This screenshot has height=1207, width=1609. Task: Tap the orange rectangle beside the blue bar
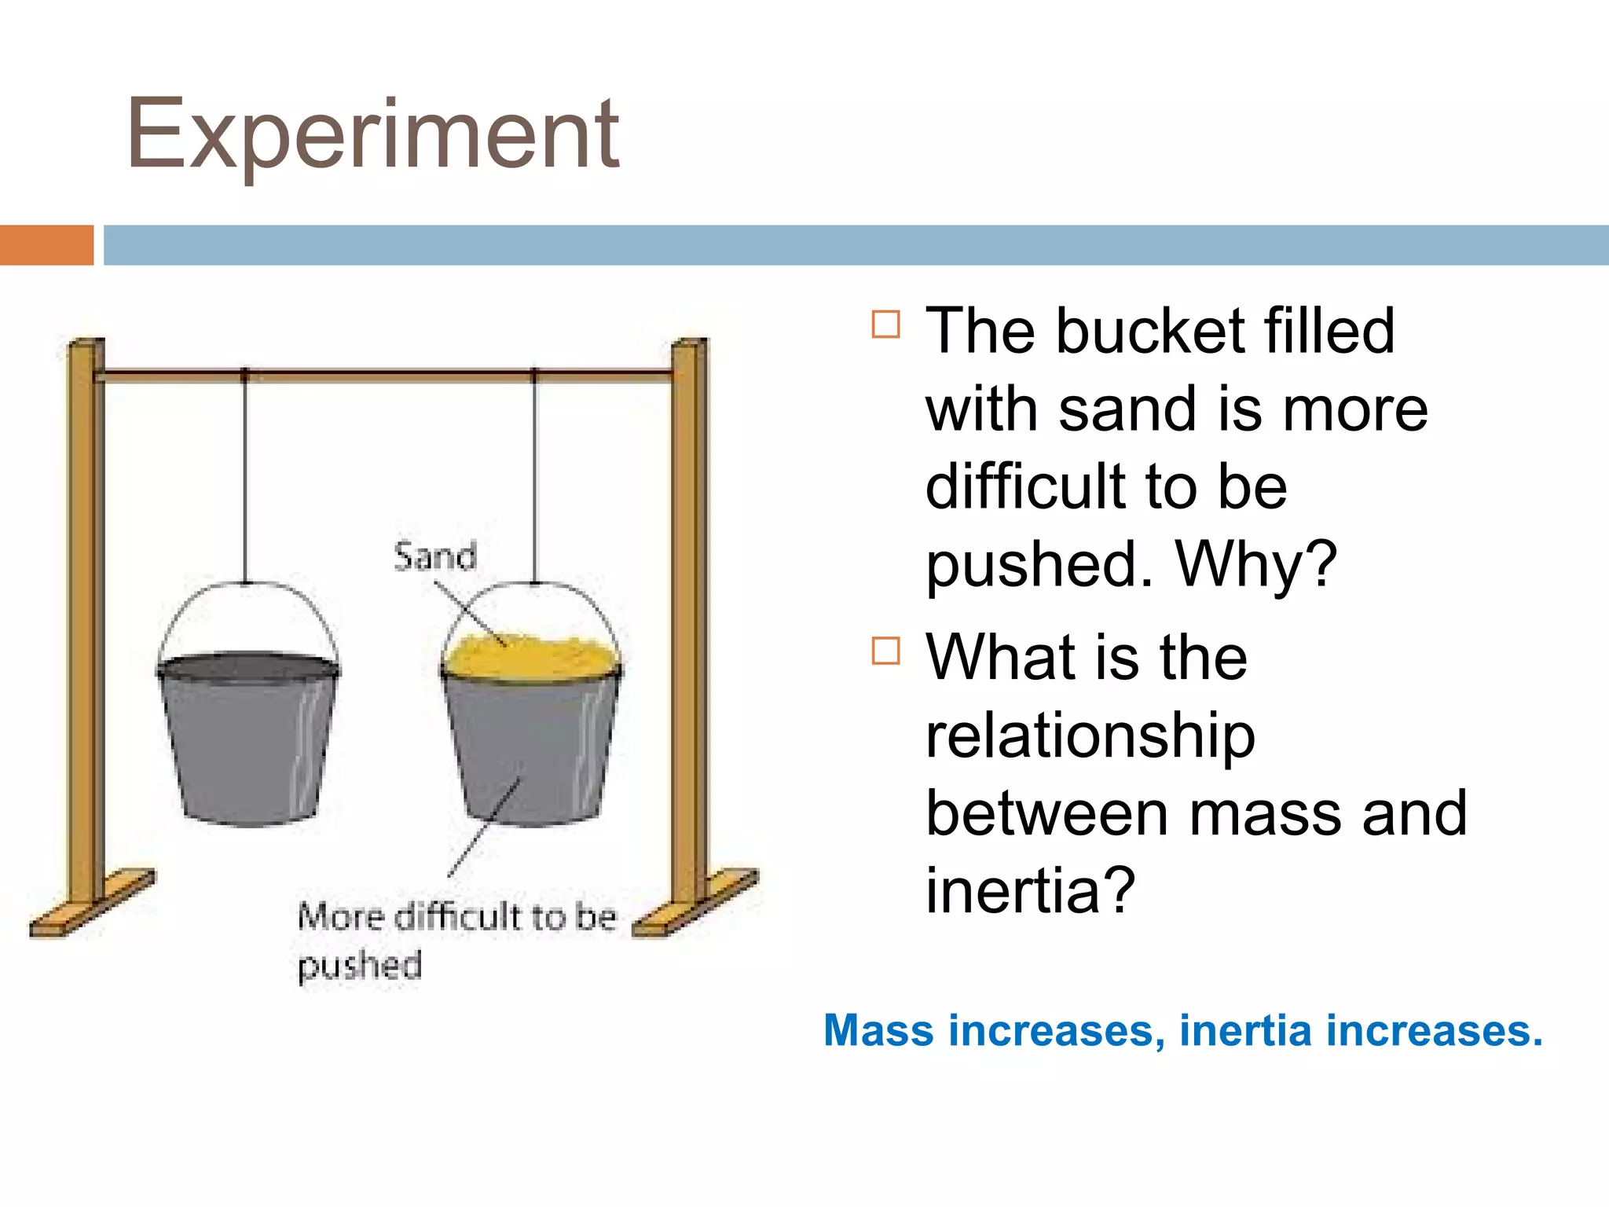pos(46,245)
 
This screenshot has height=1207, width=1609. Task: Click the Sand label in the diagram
pos(434,556)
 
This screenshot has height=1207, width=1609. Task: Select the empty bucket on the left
pos(248,739)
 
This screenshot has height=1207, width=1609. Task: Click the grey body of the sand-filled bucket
pos(531,747)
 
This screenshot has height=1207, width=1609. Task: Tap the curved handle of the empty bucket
pos(248,605)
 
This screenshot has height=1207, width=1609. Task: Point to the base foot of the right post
pos(696,904)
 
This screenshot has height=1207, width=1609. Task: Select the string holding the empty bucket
pos(245,479)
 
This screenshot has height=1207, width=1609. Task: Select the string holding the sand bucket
pos(535,479)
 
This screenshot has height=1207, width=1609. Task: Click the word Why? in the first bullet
pos(1255,564)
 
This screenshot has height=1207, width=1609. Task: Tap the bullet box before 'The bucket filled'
pos(885,324)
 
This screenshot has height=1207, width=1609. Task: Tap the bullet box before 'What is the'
pos(885,651)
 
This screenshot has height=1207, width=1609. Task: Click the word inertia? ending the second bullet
pos(1030,890)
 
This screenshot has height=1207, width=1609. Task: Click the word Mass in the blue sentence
pos(878,1030)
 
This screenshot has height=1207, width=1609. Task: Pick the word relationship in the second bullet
pos(1090,736)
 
